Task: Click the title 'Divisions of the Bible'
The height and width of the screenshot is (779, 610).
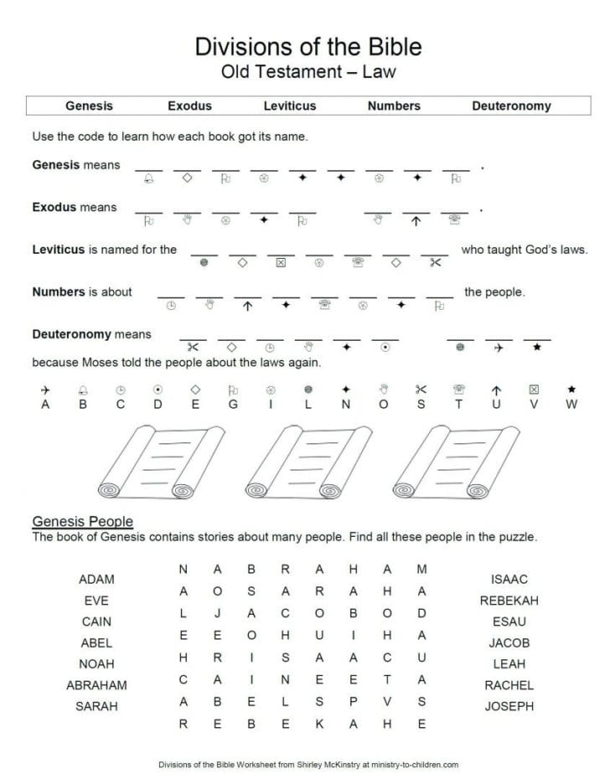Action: pyautogui.click(x=308, y=46)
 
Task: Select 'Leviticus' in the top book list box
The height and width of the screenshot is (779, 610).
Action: pyautogui.click(x=290, y=106)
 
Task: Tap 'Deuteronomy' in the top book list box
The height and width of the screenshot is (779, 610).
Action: pyautogui.click(x=511, y=106)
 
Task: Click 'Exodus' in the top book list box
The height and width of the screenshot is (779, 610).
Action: pyautogui.click(x=189, y=106)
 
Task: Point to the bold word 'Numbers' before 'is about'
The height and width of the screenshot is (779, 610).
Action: pyautogui.click(x=58, y=292)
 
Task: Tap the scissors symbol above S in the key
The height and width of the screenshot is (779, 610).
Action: pyautogui.click(x=421, y=389)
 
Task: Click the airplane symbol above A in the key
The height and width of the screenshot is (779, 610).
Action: pyautogui.click(x=45, y=389)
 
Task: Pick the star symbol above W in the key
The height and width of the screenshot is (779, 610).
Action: pyautogui.click(x=571, y=389)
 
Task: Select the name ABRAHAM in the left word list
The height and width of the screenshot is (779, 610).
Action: pyautogui.click(x=96, y=685)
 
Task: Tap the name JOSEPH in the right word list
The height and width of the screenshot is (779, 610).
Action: pyautogui.click(x=509, y=706)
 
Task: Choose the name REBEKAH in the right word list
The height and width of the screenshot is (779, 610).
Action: pyautogui.click(x=509, y=601)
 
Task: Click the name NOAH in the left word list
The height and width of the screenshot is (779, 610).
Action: pyautogui.click(x=96, y=664)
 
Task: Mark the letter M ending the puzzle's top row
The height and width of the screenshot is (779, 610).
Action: pyautogui.click(x=421, y=570)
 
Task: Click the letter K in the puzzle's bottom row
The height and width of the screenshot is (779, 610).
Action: pyautogui.click(x=319, y=723)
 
